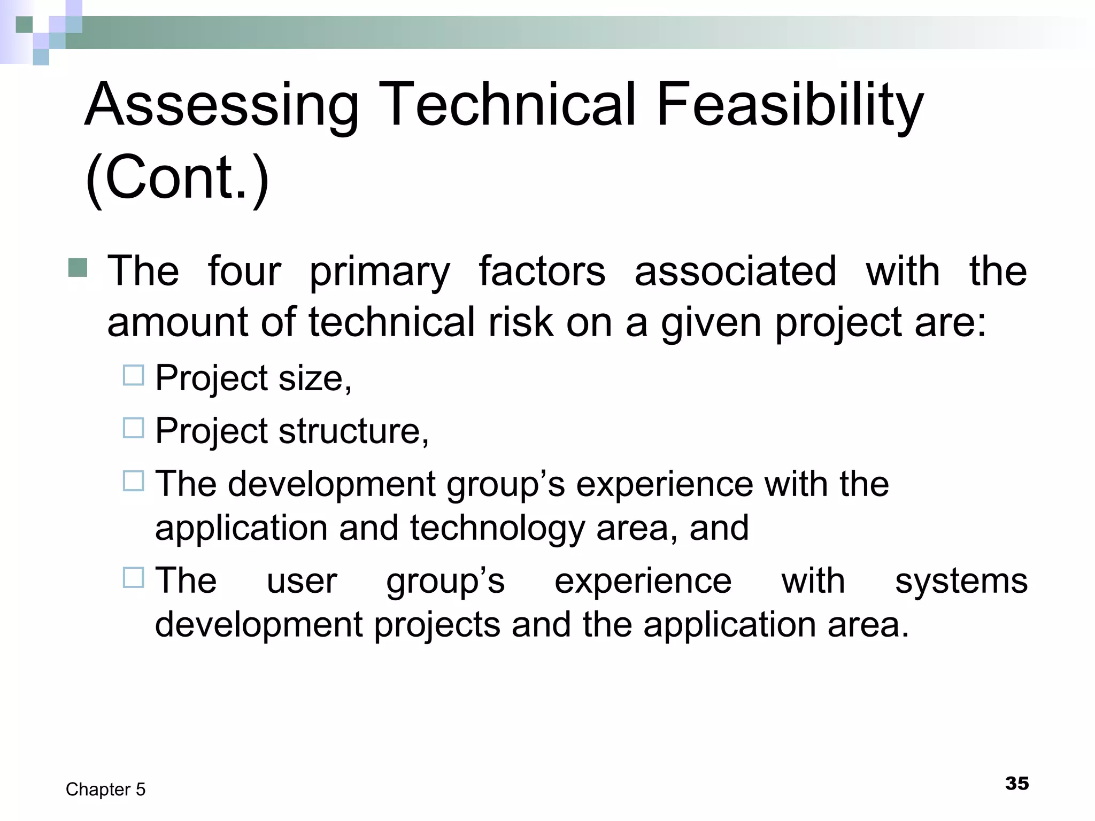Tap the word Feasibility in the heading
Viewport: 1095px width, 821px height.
[x=789, y=105]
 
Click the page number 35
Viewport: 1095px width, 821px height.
[x=1016, y=783]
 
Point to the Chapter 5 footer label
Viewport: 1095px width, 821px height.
[x=105, y=789]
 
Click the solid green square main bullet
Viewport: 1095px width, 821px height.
[x=78, y=267]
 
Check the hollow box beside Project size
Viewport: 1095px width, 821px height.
[x=133, y=375]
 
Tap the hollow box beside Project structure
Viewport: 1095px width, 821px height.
[x=133, y=428]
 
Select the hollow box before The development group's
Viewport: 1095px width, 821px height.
[x=133, y=481]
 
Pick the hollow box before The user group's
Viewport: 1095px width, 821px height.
[x=133, y=577]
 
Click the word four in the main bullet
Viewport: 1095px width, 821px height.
[x=244, y=272]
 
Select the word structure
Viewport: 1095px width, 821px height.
[x=353, y=431]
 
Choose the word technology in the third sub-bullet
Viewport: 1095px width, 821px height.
[x=497, y=528]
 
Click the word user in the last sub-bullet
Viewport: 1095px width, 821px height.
[x=302, y=581]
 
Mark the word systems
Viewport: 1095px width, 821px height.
[x=961, y=581]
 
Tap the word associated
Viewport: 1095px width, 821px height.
[x=735, y=272]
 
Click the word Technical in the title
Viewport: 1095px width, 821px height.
[x=508, y=105]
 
